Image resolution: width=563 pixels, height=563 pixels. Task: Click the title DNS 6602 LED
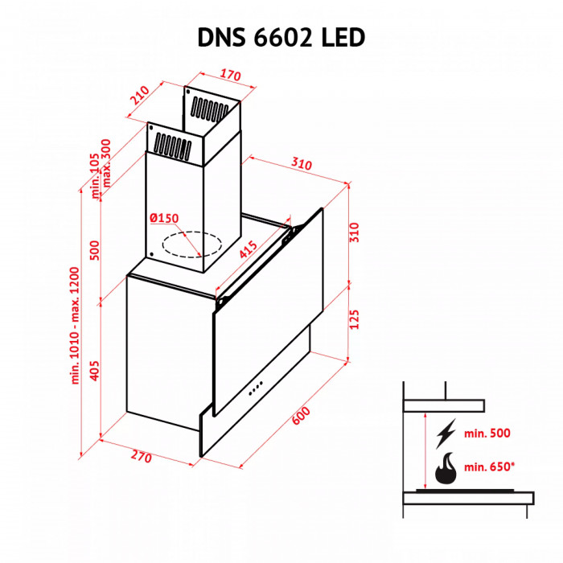[281, 37]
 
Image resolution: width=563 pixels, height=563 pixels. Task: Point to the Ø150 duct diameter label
[163, 218]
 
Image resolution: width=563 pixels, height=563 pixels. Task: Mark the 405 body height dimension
[94, 371]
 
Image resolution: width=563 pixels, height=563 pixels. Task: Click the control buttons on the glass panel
[257, 388]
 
